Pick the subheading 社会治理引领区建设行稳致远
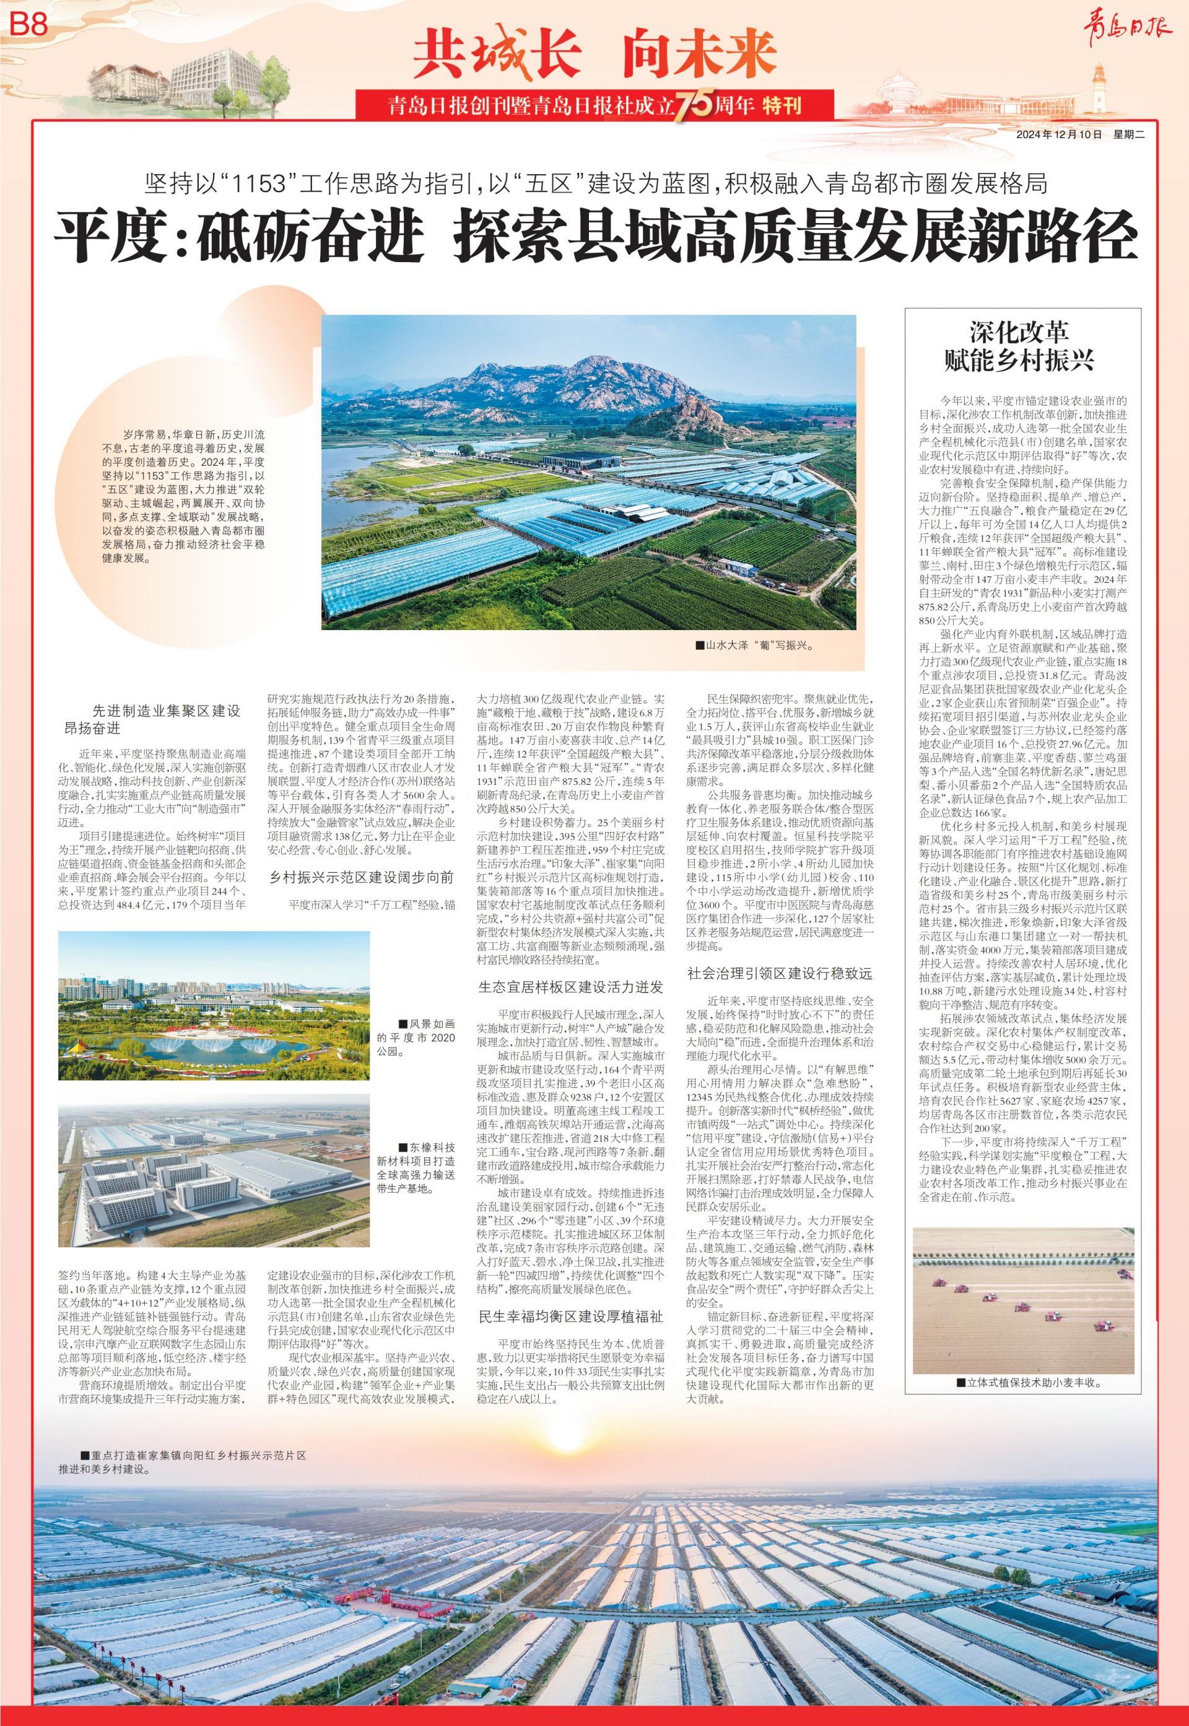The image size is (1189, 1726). tap(779, 974)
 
